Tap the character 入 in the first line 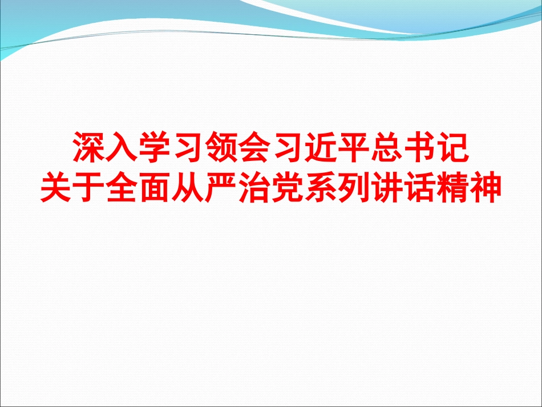tap(123, 147)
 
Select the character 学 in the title tap(156, 147)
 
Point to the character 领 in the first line tap(221, 147)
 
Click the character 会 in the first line tap(254, 147)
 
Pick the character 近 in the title tap(320, 147)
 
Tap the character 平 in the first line tap(353, 147)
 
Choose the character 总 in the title tap(386, 147)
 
